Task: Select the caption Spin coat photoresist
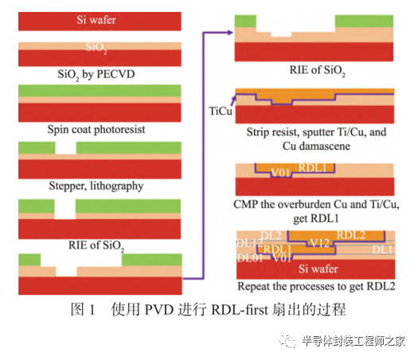99,128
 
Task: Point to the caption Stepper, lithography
99,185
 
